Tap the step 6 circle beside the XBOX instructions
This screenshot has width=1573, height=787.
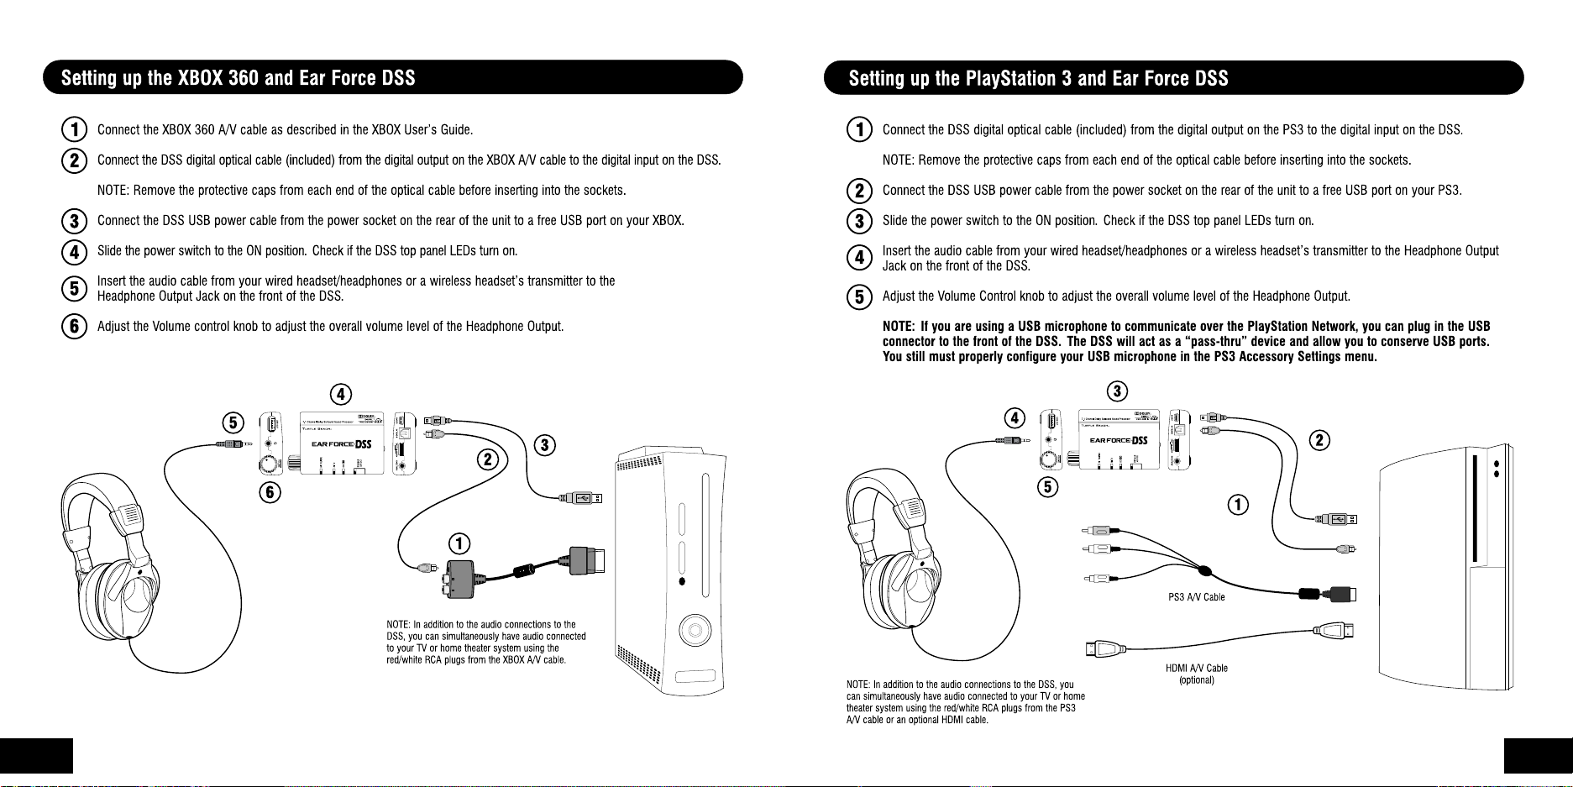coord(75,326)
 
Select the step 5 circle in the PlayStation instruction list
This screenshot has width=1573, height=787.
coord(859,296)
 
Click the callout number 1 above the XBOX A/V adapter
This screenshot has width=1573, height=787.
coord(459,543)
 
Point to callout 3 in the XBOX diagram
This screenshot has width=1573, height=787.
coord(545,444)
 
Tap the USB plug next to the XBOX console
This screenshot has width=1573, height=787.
coord(582,498)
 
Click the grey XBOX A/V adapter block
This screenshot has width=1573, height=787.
coord(461,579)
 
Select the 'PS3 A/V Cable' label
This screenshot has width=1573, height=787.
coord(1196,597)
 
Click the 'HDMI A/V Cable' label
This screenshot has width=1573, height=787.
coord(1196,669)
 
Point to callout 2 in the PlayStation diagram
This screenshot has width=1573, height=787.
coord(1320,440)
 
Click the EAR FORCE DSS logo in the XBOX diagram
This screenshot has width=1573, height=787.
coord(341,444)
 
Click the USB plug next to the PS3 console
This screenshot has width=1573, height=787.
coord(1340,519)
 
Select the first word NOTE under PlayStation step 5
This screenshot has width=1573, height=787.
coord(899,327)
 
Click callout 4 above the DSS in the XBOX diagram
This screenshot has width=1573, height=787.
coord(340,394)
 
